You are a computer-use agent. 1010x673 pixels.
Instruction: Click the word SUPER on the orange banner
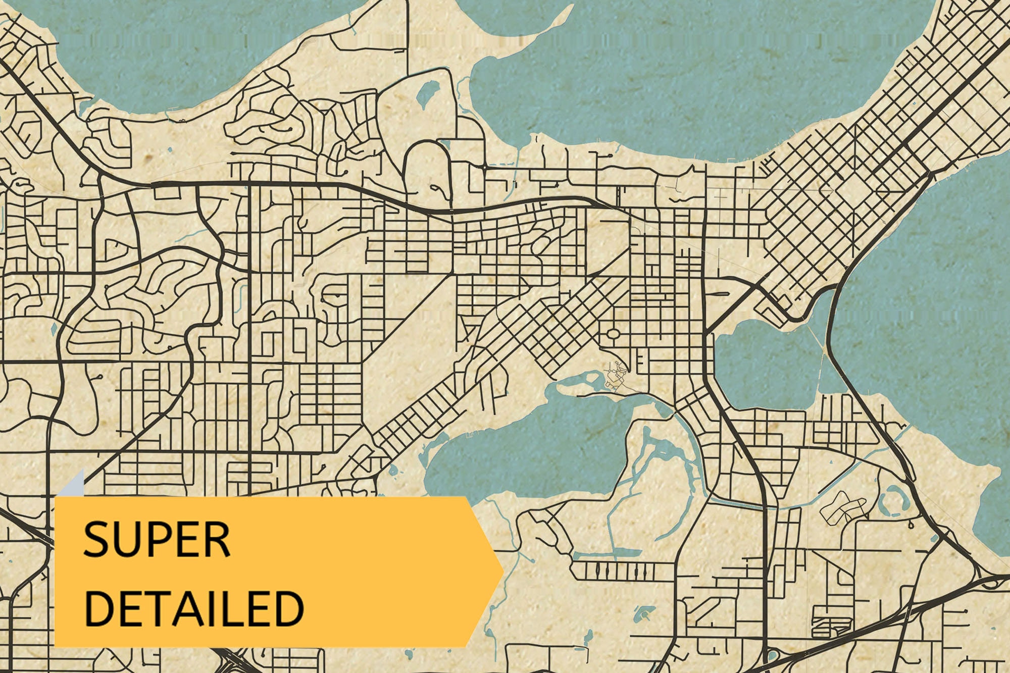pyautogui.click(x=157, y=540)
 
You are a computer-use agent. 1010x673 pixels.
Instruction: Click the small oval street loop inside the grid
pyautogui.click(x=612, y=334)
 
